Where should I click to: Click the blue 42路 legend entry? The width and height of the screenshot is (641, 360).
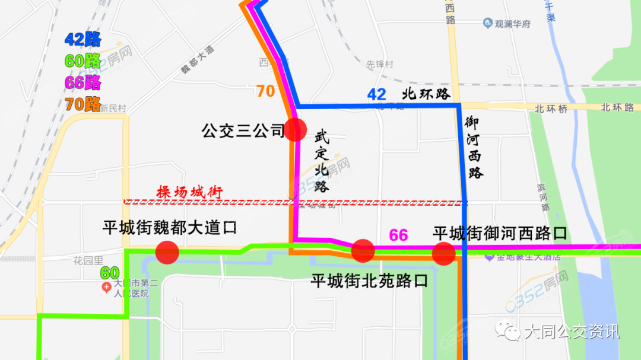[82, 40]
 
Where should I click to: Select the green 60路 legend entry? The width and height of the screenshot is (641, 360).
[82, 61]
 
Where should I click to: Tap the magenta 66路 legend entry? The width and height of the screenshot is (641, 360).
[82, 82]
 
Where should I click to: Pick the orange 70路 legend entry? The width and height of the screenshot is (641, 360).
[82, 104]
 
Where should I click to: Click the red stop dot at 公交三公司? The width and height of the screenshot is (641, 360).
[295, 129]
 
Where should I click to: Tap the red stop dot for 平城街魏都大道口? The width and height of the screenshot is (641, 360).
[167, 252]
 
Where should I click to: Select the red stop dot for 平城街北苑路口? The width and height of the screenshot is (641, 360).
[363, 250]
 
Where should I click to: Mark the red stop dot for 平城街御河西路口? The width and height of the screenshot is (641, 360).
[443, 253]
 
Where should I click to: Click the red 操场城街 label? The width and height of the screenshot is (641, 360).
[189, 193]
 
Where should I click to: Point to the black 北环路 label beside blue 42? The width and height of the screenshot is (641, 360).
[427, 94]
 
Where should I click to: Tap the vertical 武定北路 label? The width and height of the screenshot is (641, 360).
[321, 161]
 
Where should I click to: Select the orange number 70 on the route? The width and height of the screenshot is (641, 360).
[265, 91]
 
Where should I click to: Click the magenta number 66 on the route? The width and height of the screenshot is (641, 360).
[398, 235]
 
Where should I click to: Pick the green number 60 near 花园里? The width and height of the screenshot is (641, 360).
[110, 273]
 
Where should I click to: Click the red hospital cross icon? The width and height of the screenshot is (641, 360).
[106, 288]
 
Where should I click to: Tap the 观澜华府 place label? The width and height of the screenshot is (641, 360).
[513, 24]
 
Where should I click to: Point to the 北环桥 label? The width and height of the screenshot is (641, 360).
[551, 109]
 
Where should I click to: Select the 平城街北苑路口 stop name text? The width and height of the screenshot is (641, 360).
[369, 281]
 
